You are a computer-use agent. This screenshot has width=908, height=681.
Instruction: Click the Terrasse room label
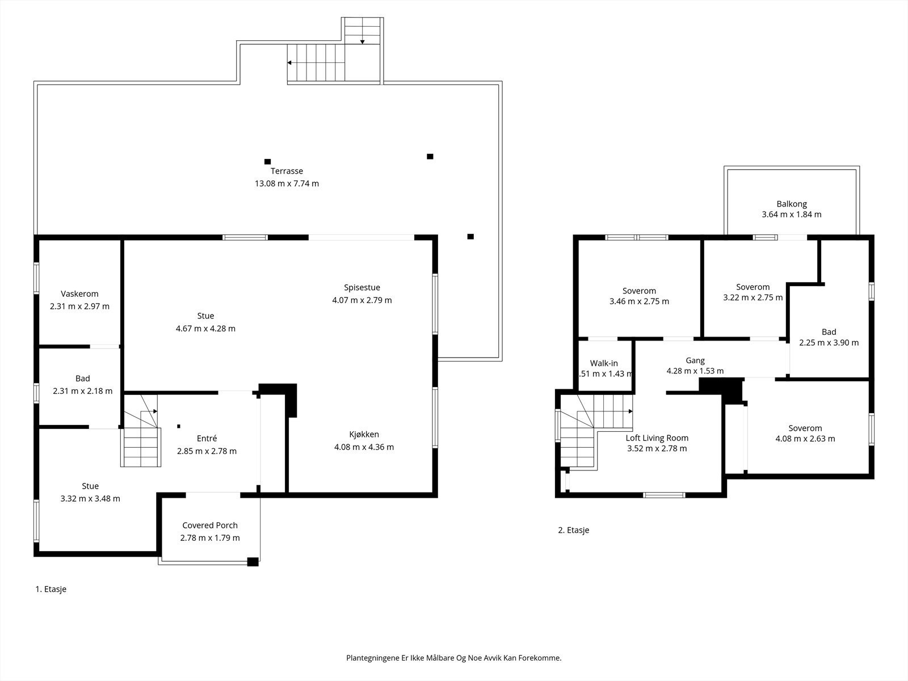(x=287, y=171)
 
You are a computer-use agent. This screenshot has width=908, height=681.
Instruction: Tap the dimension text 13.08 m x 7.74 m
(x=287, y=183)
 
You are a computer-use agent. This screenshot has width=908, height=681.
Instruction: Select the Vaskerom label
(x=79, y=294)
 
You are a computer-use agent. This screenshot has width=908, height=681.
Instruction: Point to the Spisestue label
(x=362, y=288)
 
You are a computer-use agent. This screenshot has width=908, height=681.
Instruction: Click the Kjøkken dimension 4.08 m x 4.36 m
(x=364, y=447)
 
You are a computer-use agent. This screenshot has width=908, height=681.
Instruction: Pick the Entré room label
(x=207, y=438)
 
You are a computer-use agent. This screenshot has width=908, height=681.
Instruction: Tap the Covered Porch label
(x=210, y=525)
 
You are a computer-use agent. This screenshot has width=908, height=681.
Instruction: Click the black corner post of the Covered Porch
(x=253, y=561)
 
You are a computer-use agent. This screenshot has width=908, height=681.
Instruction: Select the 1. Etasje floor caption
(x=51, y=589)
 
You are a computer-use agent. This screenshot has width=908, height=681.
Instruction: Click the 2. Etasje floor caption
(x=573, y=530)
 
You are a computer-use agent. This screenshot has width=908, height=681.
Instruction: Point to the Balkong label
(x=792, y=204)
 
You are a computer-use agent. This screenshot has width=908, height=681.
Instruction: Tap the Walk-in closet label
(x=604, y=363)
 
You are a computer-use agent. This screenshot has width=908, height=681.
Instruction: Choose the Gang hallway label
(x=695, y=360)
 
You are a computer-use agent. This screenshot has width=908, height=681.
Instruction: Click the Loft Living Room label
(x=657, y=438)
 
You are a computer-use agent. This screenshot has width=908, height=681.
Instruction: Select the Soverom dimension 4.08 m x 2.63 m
(x=805, y=439)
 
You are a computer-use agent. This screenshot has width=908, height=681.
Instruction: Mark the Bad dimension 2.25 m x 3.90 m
(x=829, y=343)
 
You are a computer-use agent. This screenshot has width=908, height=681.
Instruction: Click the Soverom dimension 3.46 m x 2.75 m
(x=639, y=301)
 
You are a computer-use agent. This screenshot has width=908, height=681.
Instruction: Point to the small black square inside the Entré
(x=179, y=426)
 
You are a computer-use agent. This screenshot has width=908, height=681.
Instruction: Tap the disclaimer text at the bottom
(x=454, y=658)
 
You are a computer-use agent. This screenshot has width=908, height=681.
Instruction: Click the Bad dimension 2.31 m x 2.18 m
(x=83, y=391)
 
